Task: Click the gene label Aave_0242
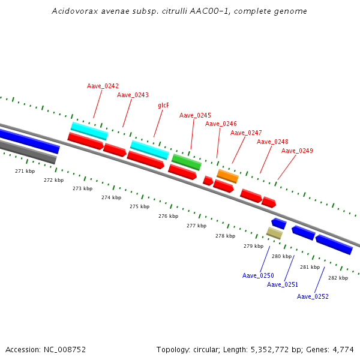(103, 86)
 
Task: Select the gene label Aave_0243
(133, 95)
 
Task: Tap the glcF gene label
(163, 105)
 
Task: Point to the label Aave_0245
(195, 115)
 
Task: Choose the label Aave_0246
(221, 124)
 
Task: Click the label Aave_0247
(246, 133)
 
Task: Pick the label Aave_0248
(272, 142)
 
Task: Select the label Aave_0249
(297, 151)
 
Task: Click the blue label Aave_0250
(258, 275)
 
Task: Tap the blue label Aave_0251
(283, 284)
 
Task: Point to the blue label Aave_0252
(313, 296)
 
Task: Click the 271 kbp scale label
(25, 171)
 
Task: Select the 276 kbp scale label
(168, 216)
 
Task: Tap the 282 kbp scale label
(338, 278)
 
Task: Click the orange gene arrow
(227, 176)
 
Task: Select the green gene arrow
(187, 161)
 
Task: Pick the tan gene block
(274, 233)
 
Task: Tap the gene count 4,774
(344, 349)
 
